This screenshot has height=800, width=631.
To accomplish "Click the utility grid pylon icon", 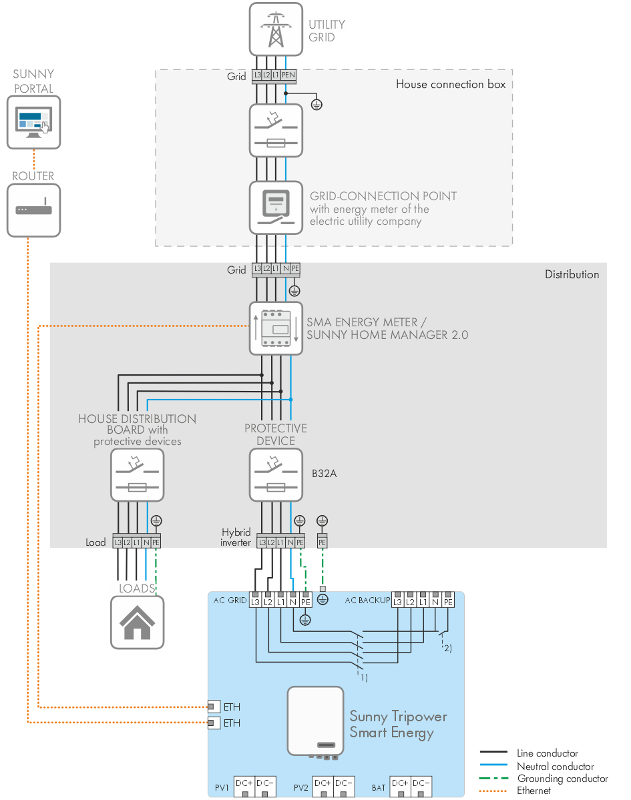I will pos(276,29).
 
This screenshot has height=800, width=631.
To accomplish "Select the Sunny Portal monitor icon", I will pos(33,121).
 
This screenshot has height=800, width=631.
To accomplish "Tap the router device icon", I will pos(33,210).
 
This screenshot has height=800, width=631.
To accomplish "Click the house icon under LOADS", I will pos(137,621).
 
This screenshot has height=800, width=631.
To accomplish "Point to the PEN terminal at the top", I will pos(288,76).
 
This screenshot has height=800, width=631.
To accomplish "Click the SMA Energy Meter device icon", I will pos(276,328).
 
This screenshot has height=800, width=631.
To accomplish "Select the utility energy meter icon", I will pos(276,207).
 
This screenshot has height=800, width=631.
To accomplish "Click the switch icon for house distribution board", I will pos(137,474).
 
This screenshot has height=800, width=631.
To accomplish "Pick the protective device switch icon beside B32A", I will pos(276,474).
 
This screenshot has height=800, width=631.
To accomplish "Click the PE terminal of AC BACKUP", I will pos(448,602).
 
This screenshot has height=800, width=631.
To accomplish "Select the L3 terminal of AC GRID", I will pos(256,602).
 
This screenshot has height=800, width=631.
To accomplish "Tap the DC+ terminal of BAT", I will pos(400,783).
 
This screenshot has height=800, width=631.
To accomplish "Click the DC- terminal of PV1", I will pos(266,783).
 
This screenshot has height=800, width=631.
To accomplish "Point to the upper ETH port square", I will pos(214,707).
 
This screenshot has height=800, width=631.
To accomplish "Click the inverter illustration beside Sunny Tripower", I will pos(315,722).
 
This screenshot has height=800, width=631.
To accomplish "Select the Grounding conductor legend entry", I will pos(562,778).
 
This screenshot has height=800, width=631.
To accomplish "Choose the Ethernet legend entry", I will pos(534,791).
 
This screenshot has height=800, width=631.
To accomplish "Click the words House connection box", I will pos(450,85).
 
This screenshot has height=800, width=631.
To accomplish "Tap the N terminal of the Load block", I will pos(146,542).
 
